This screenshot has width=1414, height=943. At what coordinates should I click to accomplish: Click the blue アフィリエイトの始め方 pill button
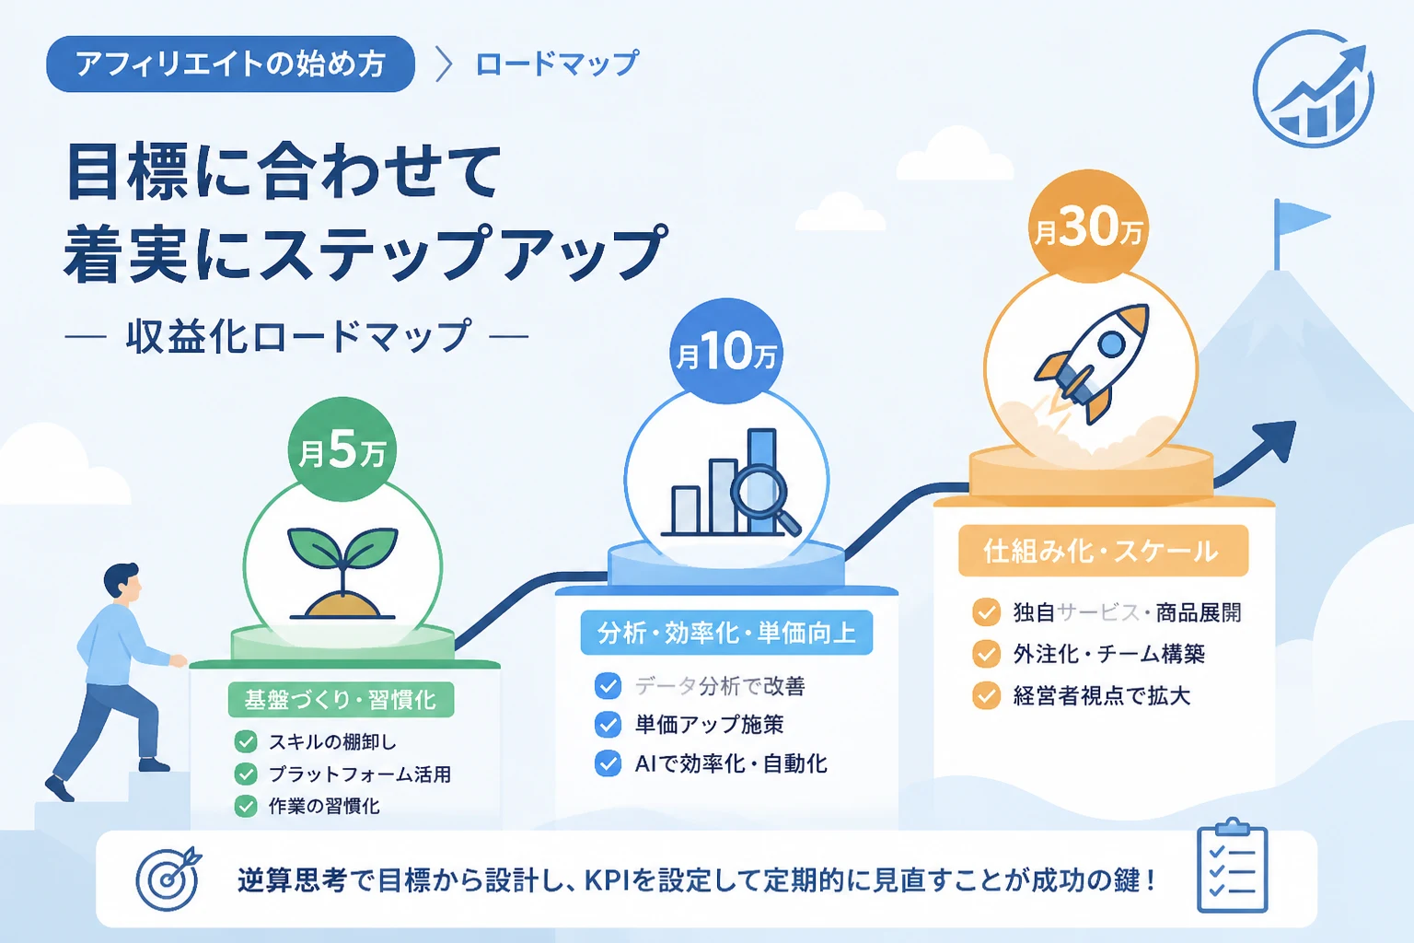pyautogui.click(x=230, y=64)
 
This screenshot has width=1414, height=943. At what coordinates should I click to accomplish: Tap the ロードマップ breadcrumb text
pyautogui.click(x=557, y=64)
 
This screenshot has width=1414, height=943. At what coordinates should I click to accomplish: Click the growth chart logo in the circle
pyautogui.click(x=1313, y=88)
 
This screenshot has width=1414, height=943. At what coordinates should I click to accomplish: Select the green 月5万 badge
pyautogui.click(x=342, y=449)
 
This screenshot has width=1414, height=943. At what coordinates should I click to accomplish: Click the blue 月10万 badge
pyautogui.click(x=726, y=351)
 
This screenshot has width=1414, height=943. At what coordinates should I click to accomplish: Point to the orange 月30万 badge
pyautogui.click(x=1088, y=227)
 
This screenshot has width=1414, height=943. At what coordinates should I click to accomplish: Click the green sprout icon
pyautogui.click(x=342, y=572)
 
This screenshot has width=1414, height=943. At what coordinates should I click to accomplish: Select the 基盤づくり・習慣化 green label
pyautogui.click(x=341, y=699)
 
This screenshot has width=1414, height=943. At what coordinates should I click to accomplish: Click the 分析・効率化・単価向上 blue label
pyautogui.click(x=726, y=633)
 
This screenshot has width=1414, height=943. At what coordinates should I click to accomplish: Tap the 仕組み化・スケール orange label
pyautogui.click(x=1103, y=551)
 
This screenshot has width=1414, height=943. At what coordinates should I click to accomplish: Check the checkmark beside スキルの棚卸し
pyautogui.click(x=246, y=741)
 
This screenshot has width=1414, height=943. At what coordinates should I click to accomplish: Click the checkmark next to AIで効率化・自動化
pyautogui.click(x=608, y=763)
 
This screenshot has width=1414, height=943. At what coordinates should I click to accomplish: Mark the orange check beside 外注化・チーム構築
pyautogui.click(x=986, y=654)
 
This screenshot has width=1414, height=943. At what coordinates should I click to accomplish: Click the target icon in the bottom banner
pyautogui.click(x=168, y=879)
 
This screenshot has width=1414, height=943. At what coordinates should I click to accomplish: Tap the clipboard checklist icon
pyautogui.click(x=1233, y=866)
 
